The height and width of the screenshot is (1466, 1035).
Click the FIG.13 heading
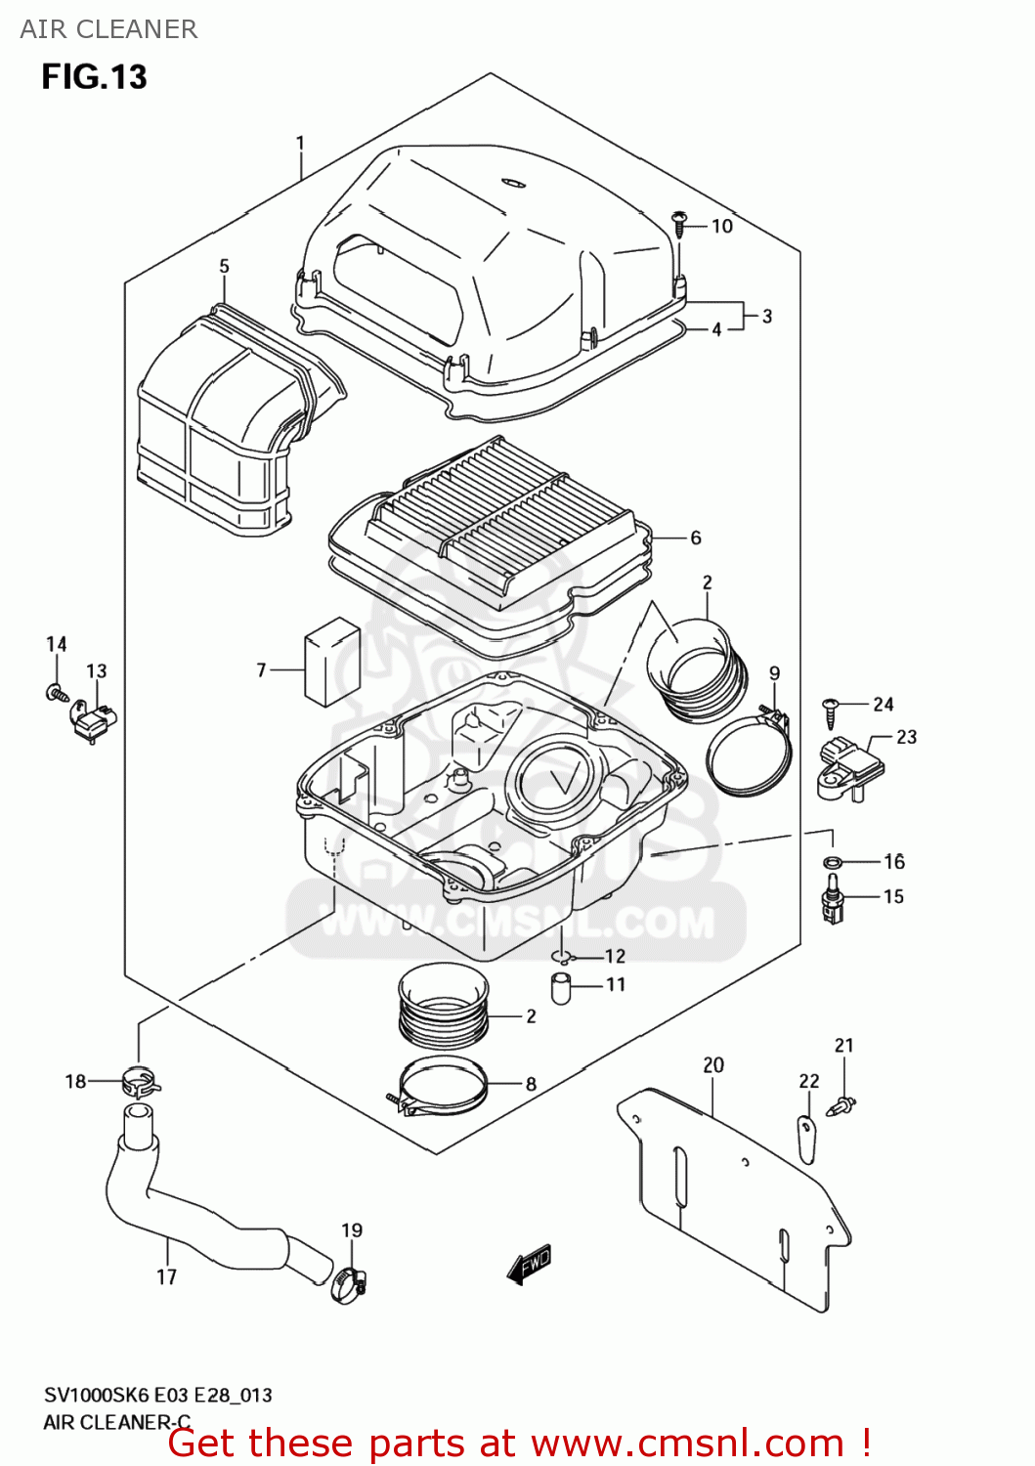tap(94, 77)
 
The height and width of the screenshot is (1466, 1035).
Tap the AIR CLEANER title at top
tap(108, 29)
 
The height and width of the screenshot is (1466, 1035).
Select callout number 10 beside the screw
tap(721, 226)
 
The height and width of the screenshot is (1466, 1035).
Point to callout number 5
tap(224, 266)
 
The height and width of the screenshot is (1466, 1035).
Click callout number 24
tap(883, 704)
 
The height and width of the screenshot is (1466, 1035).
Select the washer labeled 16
tap(833, 862)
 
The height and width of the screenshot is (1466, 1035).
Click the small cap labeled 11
tap(561, 988)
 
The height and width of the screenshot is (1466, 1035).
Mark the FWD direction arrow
tap(530, 1265)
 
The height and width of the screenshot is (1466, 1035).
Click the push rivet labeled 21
tap(841, 1105)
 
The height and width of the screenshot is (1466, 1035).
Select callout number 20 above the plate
tap(713, 1064)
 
